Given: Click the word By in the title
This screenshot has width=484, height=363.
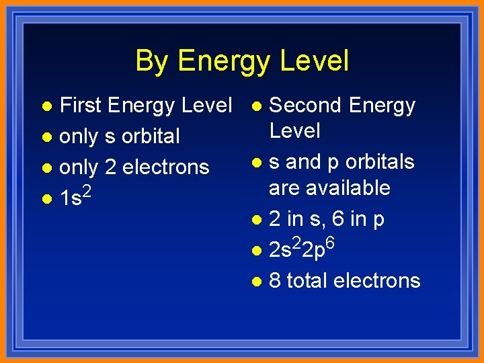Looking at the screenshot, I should pos(150,61).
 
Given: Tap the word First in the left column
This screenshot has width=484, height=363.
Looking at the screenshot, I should pos(80,106).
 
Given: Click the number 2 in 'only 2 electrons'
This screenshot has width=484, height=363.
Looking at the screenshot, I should pos(110,167).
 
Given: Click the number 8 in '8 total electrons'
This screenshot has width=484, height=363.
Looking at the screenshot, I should pos(275,280).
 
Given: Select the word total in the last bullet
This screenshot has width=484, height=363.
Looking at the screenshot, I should pos(307,280).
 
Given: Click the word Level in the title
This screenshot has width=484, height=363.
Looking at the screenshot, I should pos(315,61).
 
